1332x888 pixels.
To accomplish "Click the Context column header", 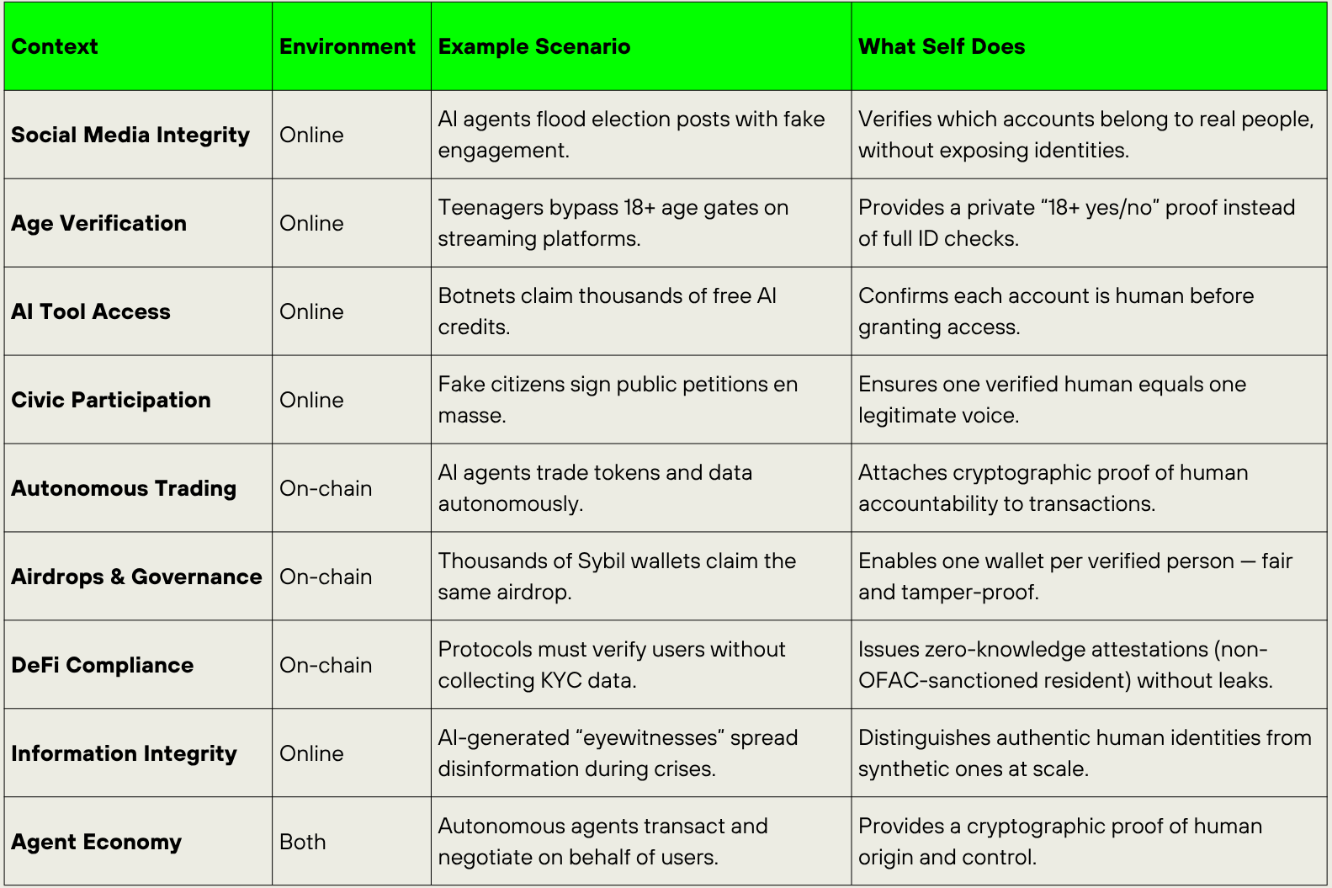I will pos(55,46).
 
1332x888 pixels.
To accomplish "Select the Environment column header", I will pos(347,46).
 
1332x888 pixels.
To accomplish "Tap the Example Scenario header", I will pos(533,46).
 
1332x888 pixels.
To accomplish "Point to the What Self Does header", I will pos(941,46).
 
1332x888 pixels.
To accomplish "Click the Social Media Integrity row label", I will pos(130,135).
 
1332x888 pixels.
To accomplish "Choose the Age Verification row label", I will pos(98,223).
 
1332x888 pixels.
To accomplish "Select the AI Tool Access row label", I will pos(91,311).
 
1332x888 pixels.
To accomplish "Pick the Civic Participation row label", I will pos(111,400).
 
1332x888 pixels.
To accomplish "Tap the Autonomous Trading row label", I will pos(124,488).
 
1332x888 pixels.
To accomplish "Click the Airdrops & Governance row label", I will pos(136,577).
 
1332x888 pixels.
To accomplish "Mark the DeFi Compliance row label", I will pos(102,665).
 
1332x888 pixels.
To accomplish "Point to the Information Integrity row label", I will pos(124,753).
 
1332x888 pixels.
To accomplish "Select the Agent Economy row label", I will pos(96,842).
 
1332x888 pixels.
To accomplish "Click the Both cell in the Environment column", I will pos(302,842).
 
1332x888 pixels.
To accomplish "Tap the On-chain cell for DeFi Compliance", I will pos(326,665).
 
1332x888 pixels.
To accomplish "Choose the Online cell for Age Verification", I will pos(311,223).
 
